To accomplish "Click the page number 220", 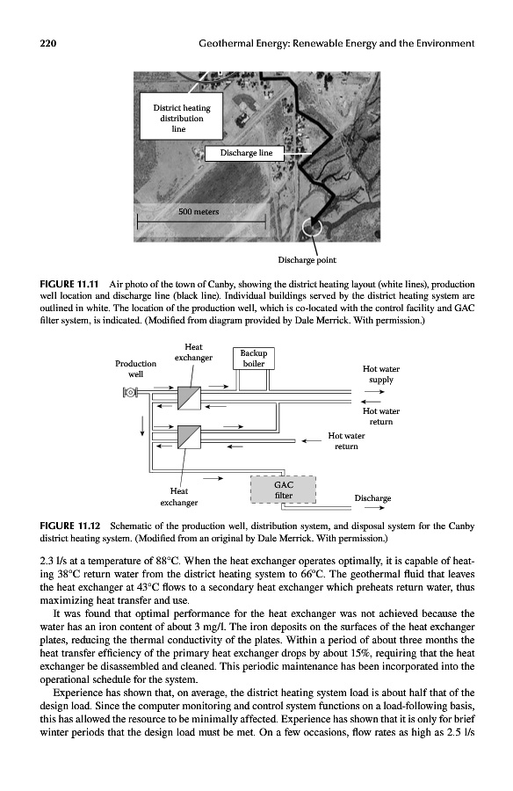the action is click(x=48, y=43).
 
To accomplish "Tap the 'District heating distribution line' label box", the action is click(x=181, y=116).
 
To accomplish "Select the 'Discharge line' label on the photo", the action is click(x=245, y=153).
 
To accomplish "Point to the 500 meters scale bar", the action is click(x=201, y=221).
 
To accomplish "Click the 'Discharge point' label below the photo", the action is click(x=307, y=260).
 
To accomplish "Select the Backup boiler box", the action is click(x=253, y=359).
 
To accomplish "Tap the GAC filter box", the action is click(x=283, y=490).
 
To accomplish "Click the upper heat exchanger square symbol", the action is click(x=189, y=398).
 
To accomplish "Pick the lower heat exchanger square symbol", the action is click(x=189, y=437).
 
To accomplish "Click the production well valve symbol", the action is click(x=131, y=392).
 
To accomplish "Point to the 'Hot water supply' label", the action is click(x=381, y=374).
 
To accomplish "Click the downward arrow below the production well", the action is click(x=143, y=426).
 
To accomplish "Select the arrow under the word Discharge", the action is click(x=375, y=507).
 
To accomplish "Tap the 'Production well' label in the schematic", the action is click(x=135, y=369).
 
